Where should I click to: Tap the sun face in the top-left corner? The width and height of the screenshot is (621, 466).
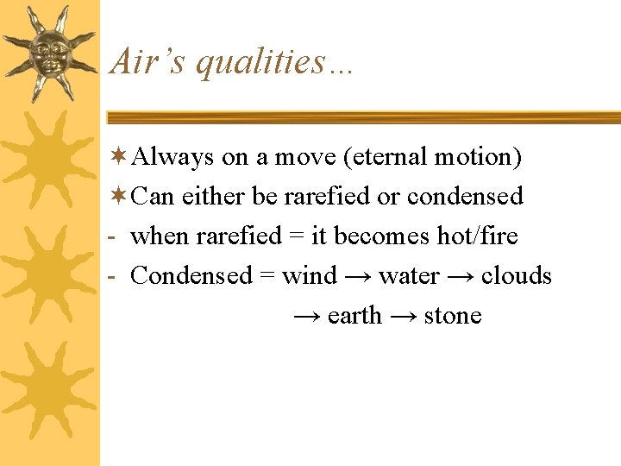tap(49, 52)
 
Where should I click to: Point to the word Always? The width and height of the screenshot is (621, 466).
tap(173, 158)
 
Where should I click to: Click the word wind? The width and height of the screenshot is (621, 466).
tap(310, 276)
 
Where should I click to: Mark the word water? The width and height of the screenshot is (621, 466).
tap(409, 276)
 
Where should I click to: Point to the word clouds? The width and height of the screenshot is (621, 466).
tap(516, 276)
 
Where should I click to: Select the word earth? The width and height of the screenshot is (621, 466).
tap(354, 316)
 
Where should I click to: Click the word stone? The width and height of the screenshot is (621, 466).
tap(453, 316)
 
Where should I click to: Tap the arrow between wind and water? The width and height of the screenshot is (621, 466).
tap(358, 277)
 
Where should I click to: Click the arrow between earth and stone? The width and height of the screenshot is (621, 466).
tap(403, 317)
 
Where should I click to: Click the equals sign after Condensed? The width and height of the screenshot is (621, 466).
tap(267, 277)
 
